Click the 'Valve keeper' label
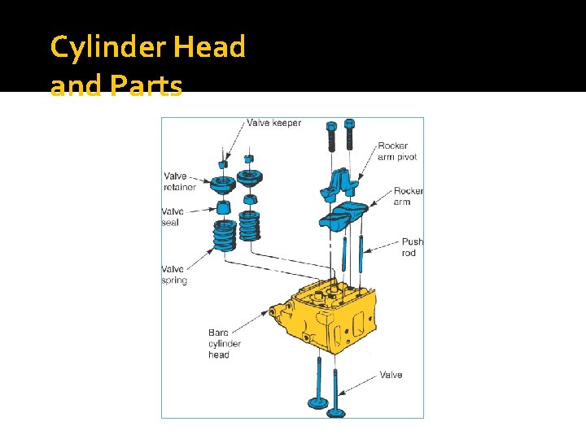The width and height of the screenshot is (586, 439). click(x=273, y=124)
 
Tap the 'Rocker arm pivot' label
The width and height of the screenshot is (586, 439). click(x=397, y=151)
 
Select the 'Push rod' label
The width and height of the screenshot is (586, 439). click(x=412, y=247)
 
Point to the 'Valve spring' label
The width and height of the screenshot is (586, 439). click(x=174, y=275)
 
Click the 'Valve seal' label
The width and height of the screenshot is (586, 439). click(x=172, y=217)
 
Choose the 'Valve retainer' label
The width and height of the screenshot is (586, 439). click(x=179, y=181)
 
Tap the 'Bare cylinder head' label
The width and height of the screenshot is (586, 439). click(x=224, y=343)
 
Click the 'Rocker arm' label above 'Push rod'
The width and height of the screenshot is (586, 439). click(x=408, y=196)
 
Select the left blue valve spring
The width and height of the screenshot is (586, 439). click(x=224, y=235)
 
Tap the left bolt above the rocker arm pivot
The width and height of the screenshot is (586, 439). click(x=331, y=136)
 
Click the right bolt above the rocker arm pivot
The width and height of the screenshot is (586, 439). click(x=349, y=134)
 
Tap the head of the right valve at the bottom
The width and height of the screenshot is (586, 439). click(x=335, y=413)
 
